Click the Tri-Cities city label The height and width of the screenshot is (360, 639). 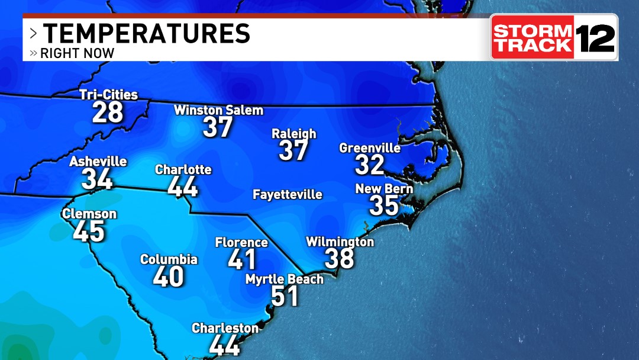tap(108, 95)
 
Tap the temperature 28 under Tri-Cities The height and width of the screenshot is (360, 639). tap(107, 112)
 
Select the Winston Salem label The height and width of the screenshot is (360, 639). tap(218, 110)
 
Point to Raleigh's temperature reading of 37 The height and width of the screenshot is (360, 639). tap(293, 150)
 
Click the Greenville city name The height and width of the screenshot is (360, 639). tap(370, 148)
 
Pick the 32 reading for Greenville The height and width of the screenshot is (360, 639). tap(370, 165)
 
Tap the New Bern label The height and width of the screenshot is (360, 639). tap(383, 189)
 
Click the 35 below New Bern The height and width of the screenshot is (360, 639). tap(384, 205)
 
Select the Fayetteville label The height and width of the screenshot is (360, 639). tap(288, 195)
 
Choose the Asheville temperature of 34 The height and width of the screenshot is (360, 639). tap(97, 179)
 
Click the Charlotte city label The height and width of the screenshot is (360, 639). tap(183, 170)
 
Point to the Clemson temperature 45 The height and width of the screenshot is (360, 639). tap(89, 232)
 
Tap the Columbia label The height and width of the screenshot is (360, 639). tap(169, 259)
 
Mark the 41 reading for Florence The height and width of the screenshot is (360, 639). tap(242, 259)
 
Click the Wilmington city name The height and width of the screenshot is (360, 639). tap(340, 242)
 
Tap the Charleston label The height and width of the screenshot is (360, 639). tap(225, 328)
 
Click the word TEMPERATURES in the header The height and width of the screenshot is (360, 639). tap(146, 33)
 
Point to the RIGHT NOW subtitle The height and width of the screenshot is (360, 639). tap(77, 53)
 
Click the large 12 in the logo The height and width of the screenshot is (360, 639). tap(595, 37)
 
